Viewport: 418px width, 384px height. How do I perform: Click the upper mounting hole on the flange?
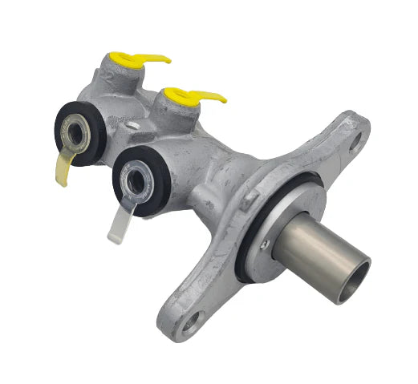[353, 143]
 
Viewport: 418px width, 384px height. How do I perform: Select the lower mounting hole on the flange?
[191, 325]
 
